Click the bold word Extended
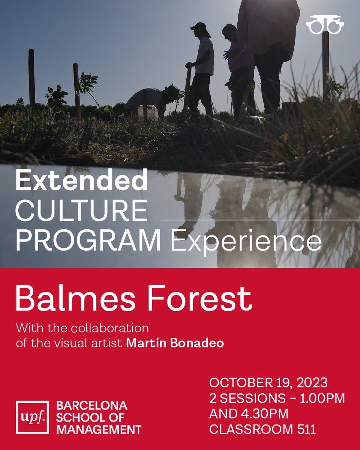(81, 181)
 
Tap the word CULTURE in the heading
(81, 211)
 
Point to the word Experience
(246, 242)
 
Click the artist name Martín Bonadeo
(175, 343)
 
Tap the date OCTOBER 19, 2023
(268, 383)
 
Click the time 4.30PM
(265, 414)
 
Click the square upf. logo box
(32, 417)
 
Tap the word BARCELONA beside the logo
(92, 405)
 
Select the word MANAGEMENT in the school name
(99, 429)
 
